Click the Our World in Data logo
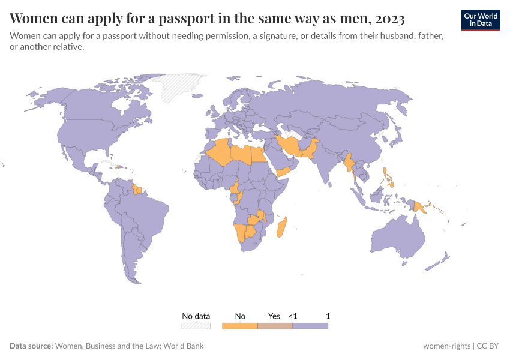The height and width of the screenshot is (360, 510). point(480,20)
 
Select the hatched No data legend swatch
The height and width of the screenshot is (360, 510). point(196,326)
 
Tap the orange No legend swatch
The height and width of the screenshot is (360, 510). point(239,326)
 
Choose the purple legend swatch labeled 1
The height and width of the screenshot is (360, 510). point(310,326)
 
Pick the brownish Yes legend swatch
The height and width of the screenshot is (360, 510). point(275,326)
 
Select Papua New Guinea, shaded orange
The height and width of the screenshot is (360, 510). point(420,208)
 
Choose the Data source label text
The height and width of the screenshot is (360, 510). point(31,346)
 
